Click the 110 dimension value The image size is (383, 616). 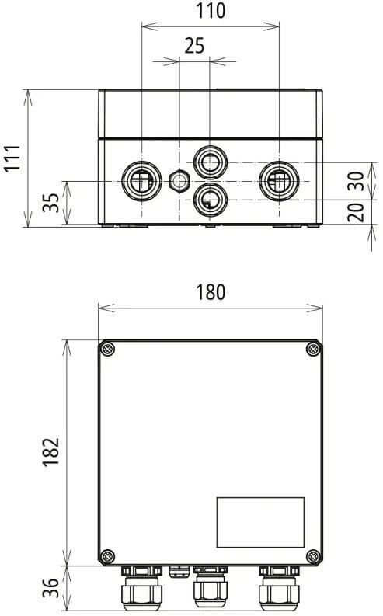click(211, 11)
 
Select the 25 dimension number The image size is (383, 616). click(194, 46)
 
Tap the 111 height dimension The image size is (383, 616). click(12, 158)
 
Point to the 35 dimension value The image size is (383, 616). click(50, 203)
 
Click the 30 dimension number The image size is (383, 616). click(357, 181)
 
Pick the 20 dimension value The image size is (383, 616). click(357, 213)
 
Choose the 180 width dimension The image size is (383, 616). click(211, 292)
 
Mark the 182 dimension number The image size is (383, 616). click(50, 452)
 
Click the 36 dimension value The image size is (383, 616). click(50, 588)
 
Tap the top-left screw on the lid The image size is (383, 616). click(107, 349)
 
